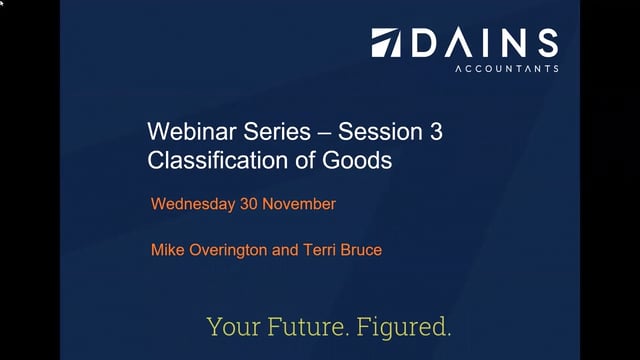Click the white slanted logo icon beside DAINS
pos(387,42)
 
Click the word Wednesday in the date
pos(191,204)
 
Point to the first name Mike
pos(168,249)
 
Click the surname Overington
pos(231,249)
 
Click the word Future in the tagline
pos(305,326)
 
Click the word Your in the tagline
pos(230,326)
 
